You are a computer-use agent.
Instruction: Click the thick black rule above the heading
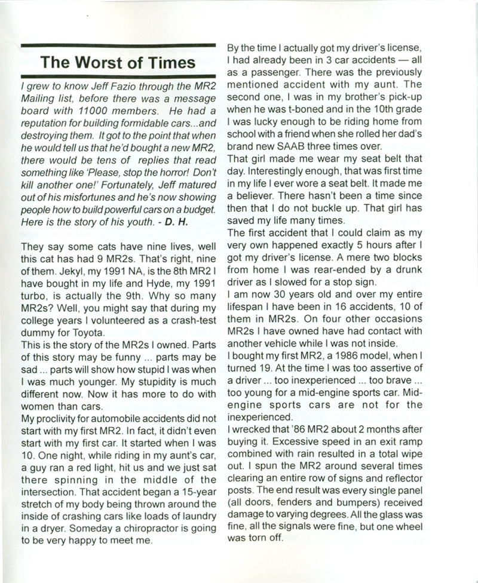(x=117, y=45)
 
